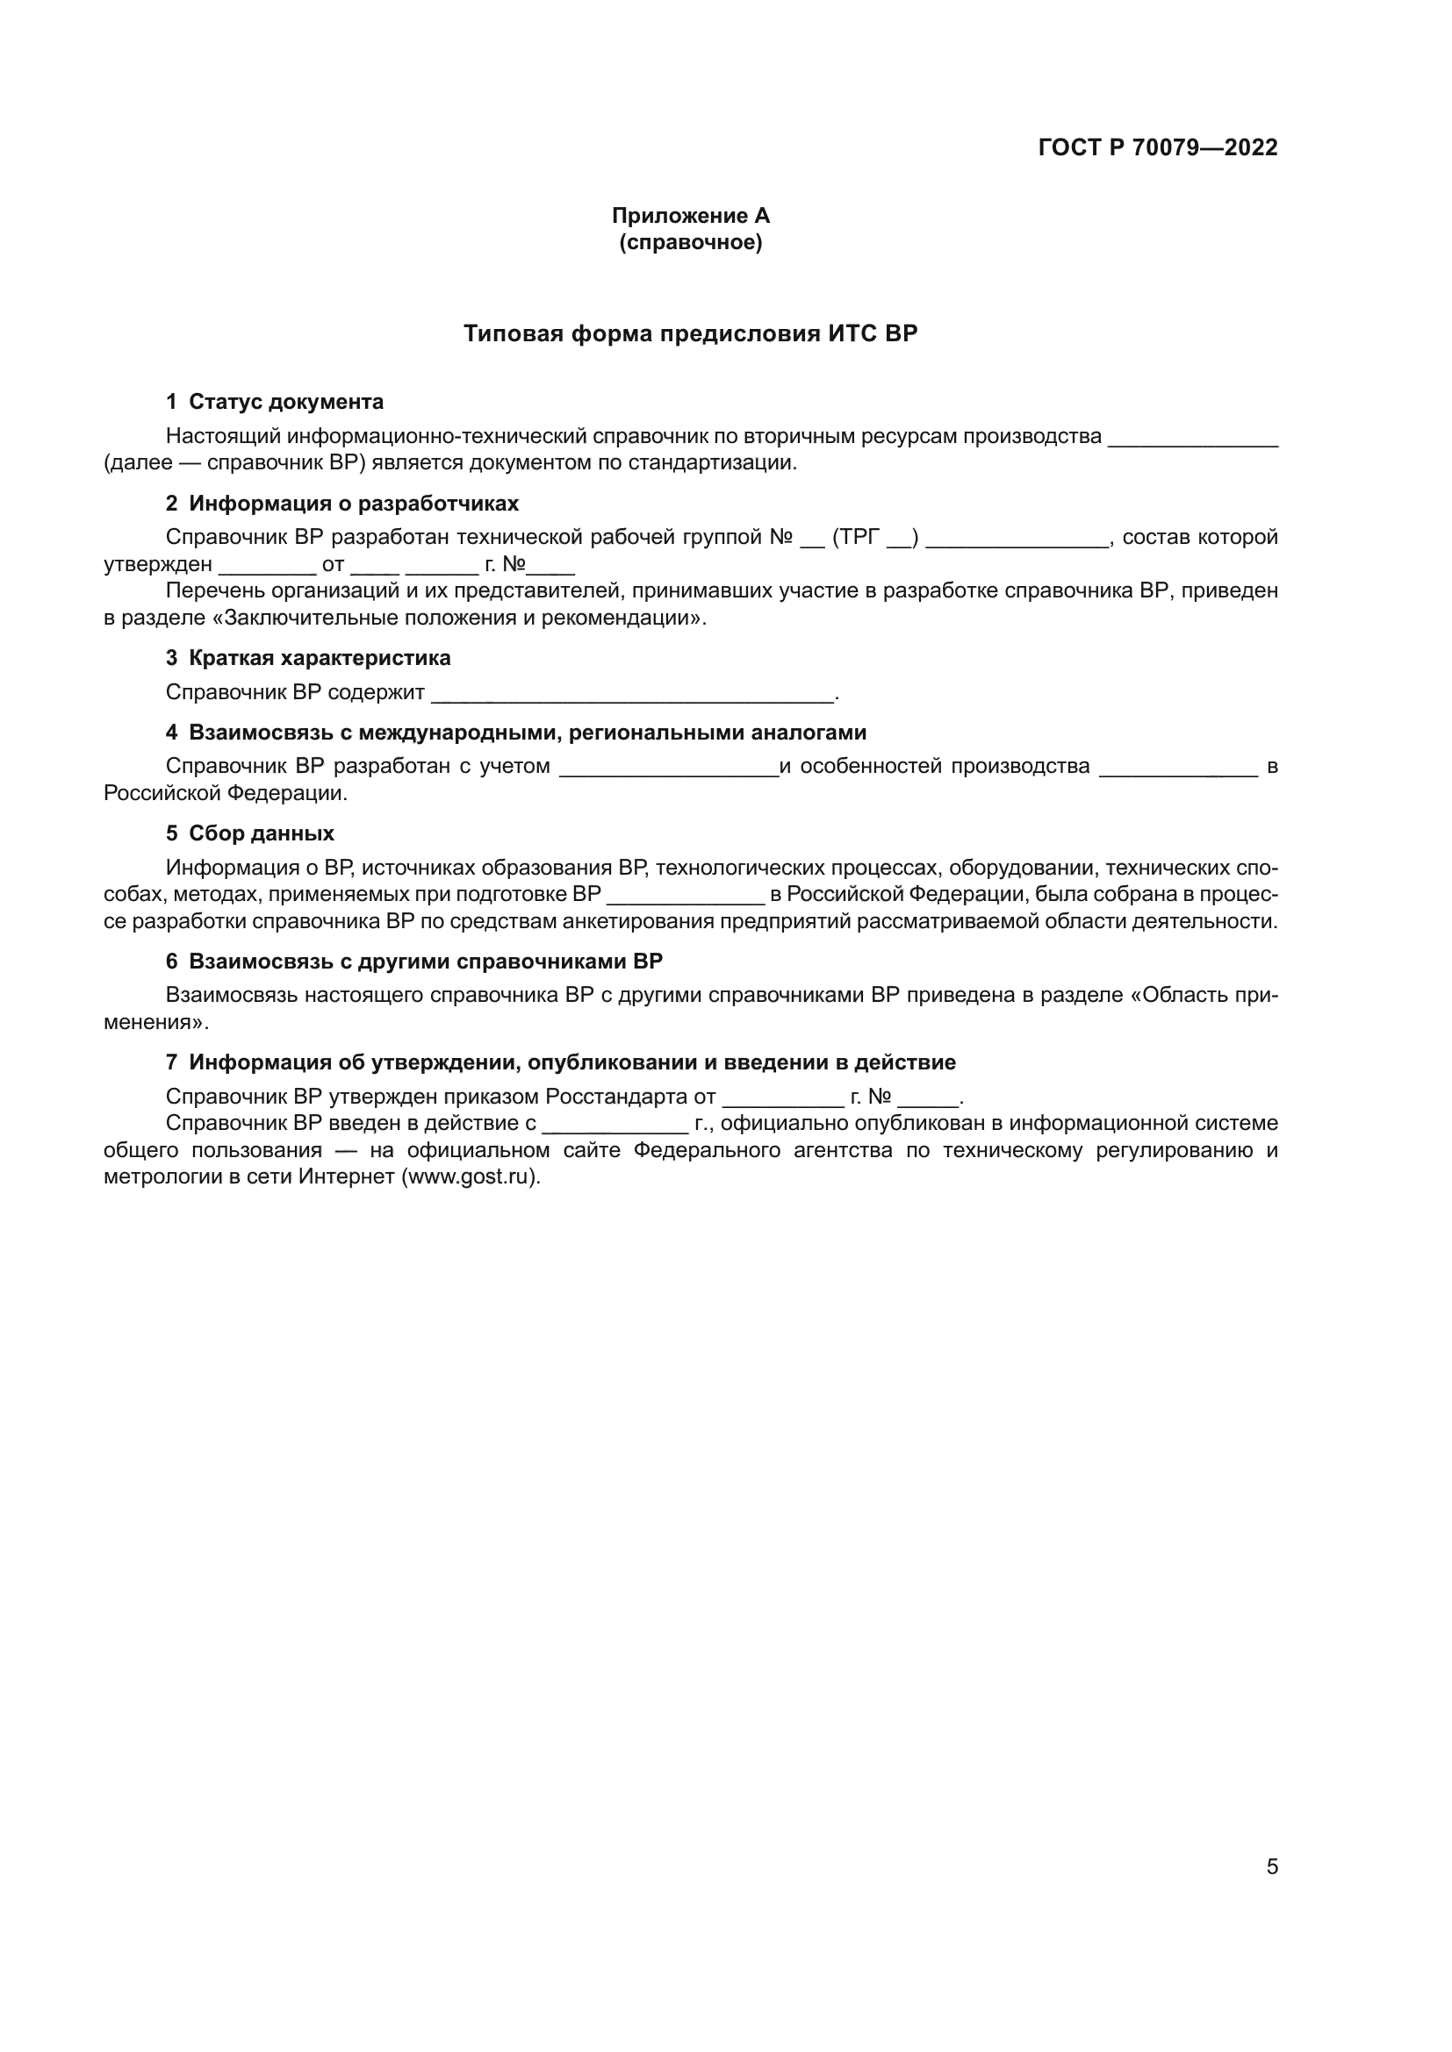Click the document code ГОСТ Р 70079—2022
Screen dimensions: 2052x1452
pos(1157,147)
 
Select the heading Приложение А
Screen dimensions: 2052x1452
pos(689,216)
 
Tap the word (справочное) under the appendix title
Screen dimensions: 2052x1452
pos(689,242)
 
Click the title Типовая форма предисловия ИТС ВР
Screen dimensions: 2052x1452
pos(689,333)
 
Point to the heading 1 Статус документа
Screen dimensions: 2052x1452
pos(275,401)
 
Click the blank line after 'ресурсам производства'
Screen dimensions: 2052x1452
pos(1192,440)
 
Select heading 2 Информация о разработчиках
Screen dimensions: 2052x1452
pos(341,504)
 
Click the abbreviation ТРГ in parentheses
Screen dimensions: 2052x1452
pos(860,537)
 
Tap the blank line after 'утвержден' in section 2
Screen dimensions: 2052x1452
pos(267,568)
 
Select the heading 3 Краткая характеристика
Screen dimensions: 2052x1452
pos(307,658)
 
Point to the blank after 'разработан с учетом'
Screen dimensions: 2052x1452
pos(668,770)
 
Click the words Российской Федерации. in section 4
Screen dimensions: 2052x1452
pos(226,793)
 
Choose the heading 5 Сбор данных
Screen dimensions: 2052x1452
pos(249,833)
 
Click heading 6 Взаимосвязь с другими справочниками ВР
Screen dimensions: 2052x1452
pos(414,961)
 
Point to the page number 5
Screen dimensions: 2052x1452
pos(1271,1866)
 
